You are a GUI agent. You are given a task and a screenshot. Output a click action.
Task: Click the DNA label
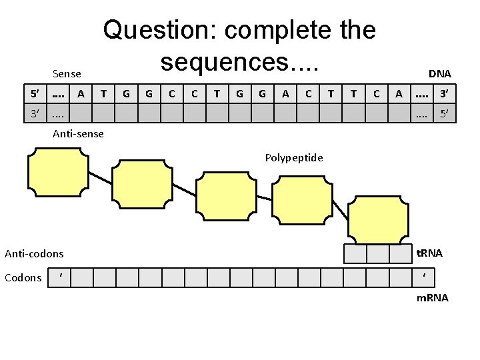439,73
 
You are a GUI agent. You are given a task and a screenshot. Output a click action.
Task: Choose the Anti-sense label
78,134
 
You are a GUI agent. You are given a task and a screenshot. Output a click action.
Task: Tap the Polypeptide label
293,158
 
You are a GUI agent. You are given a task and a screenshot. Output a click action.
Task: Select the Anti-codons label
35,253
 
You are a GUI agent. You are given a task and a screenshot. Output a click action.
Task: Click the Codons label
23,277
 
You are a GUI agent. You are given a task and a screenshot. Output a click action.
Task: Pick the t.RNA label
429,253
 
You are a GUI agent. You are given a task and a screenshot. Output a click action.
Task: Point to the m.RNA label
432,297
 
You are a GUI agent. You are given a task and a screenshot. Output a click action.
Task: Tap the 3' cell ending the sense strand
443,94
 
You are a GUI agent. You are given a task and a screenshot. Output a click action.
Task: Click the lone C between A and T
308,94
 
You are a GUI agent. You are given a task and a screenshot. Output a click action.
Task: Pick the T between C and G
217,94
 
